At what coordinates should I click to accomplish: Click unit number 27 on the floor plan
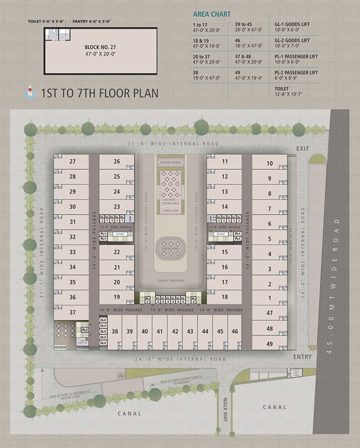coord(72,162)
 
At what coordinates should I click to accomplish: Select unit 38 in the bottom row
coord(115,331)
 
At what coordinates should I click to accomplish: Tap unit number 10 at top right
coord(269,164)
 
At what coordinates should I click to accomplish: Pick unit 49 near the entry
coord(269,344)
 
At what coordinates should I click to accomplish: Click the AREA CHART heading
coord(212,14)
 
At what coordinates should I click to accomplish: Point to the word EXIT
coord(302,149)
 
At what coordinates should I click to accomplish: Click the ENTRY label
coord(303,356)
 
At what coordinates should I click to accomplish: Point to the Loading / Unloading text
coord(171,281)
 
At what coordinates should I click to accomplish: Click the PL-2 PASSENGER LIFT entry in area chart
coord(296,72)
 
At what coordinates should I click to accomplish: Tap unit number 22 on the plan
coord(117,252)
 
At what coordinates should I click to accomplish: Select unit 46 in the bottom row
coord(235,331)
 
